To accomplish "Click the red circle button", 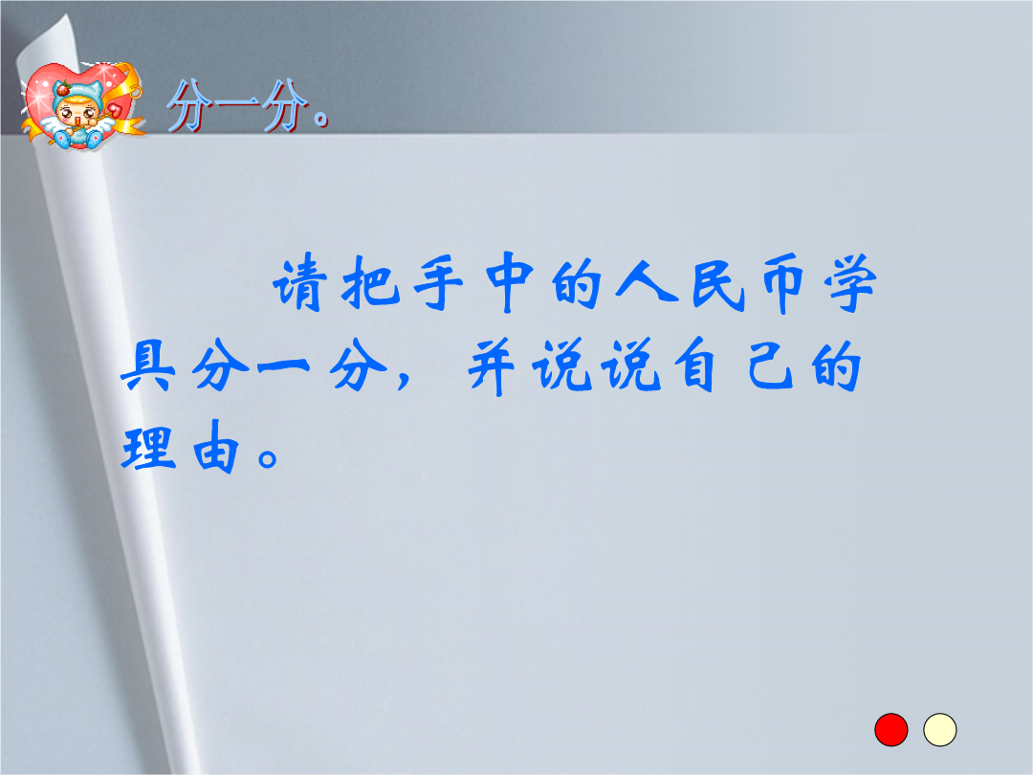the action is pyautogui.click(x=890, y=729).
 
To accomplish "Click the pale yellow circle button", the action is pyautogui.click(x=939, y=729).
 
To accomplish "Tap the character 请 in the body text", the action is pyautogui.click(x=299, y=283).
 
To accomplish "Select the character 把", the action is pyautogui.click(x=371, y=283).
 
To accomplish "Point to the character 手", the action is pyautogui.click(x=439, y=283).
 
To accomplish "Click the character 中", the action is pyautogui.click(x=508, y=283).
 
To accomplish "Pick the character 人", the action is pyautogui.click(x=647, y=283).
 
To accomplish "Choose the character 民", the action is pyautogui.click(x=718, y=283).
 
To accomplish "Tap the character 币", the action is pyautogui.click(x=783, y=283).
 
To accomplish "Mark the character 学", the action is pyautogui.click(x=850, y=283).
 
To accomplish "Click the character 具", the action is pyautogui.click(x=149, y=365).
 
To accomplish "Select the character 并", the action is pyautogui.click(x=491, y=366).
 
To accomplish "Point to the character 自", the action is pyautogui.click(x=698, y=365).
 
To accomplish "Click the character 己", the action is pyautogui.click(x=771, y=365).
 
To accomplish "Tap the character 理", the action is pyautogui.click(x=149, y=448).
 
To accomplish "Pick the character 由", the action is pyautogui.click(x=215, y=447).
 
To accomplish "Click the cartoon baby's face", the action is pyautogui.click(x=77, y=116).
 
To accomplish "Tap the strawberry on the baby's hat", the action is pyautogui.click(x=63, y=89).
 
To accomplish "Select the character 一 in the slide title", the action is pyautogui.click(x=237, y=105).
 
